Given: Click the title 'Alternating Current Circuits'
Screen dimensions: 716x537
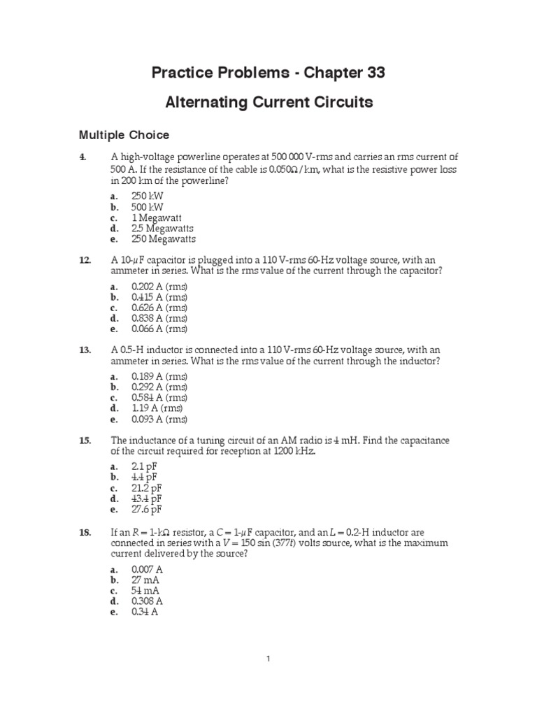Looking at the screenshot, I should coord(268,103).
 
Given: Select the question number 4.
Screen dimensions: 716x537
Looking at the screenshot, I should coord(83,157).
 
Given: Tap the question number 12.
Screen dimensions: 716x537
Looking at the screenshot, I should coord(85,260).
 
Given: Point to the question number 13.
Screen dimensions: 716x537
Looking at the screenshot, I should coord(85,350).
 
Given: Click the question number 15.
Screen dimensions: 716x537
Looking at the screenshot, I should coord(85,440).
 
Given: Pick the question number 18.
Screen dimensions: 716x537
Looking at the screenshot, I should coord(85,533).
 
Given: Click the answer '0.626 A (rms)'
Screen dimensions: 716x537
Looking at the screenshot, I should coord(159,308).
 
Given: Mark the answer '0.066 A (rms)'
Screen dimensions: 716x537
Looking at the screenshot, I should coord(159,329).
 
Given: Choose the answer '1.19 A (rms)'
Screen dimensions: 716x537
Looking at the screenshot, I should coord(157,408).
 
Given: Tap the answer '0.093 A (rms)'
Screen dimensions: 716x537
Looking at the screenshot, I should coord(159,420).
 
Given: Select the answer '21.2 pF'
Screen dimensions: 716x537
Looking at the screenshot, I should coord(147,487).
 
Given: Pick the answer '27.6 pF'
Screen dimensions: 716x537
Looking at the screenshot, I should coord(147,509).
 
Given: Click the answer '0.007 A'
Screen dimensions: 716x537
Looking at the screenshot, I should coord(148,570).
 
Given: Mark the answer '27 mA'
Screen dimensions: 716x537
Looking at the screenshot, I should coord(145,580).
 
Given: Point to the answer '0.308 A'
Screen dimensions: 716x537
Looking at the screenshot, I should coord(148,601).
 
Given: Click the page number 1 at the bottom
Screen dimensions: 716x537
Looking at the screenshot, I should coord(268,658).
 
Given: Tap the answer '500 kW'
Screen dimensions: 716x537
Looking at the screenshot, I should coord(148,207).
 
